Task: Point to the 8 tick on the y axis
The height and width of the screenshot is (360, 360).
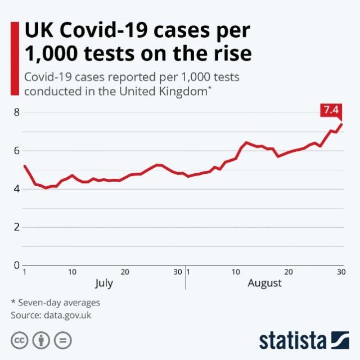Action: tap(17, 112)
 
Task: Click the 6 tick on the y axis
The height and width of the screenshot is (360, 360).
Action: tap(17, 150)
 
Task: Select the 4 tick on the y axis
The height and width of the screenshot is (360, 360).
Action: tap(17, 188)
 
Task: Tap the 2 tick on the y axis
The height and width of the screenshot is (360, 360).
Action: tap(17, 227)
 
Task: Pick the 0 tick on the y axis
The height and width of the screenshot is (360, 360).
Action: tap(17, 265)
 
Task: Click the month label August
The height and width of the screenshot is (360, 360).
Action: tap(264, 283)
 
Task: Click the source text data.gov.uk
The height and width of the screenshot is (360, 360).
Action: tap(66, 315)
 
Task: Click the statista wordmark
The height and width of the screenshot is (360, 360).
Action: tap(292, 340)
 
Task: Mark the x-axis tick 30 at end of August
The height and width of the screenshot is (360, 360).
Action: tap(340, 272)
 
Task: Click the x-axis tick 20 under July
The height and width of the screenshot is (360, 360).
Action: tap(125, 272)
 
